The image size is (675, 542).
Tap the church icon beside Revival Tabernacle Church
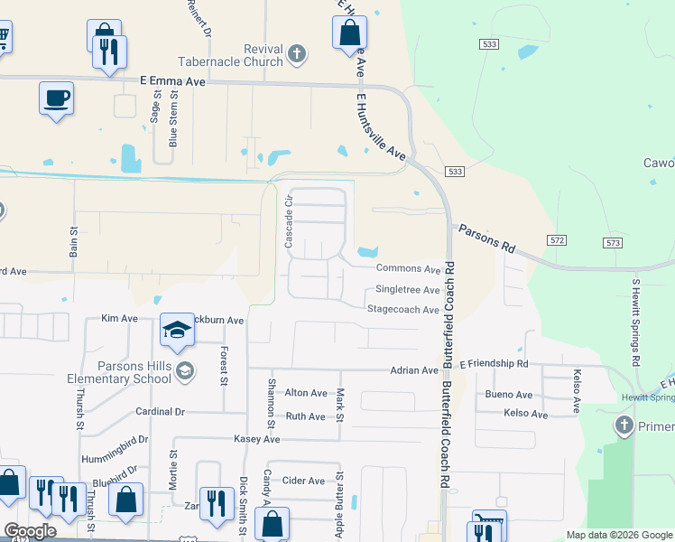(x=297, y=56)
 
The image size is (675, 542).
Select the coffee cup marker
(x=56, y=98)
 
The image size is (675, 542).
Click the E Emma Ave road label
(x=174, y=81)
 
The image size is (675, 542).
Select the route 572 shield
(x=557, y=238)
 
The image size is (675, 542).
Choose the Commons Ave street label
(x=408, y=268)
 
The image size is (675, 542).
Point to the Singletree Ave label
(x=407, y=290)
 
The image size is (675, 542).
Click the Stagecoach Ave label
(x=402, y=310)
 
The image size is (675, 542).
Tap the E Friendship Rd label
(x=494, y=363)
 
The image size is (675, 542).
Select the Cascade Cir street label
(x=290, y=222)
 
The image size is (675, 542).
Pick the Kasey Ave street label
(x=257, y=438)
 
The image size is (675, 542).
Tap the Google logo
(x=30, y=531)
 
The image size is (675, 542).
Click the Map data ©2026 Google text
(x=619, y=535)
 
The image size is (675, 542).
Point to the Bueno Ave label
(x=508, y=395)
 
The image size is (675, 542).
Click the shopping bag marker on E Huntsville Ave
(x=349, y=33)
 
